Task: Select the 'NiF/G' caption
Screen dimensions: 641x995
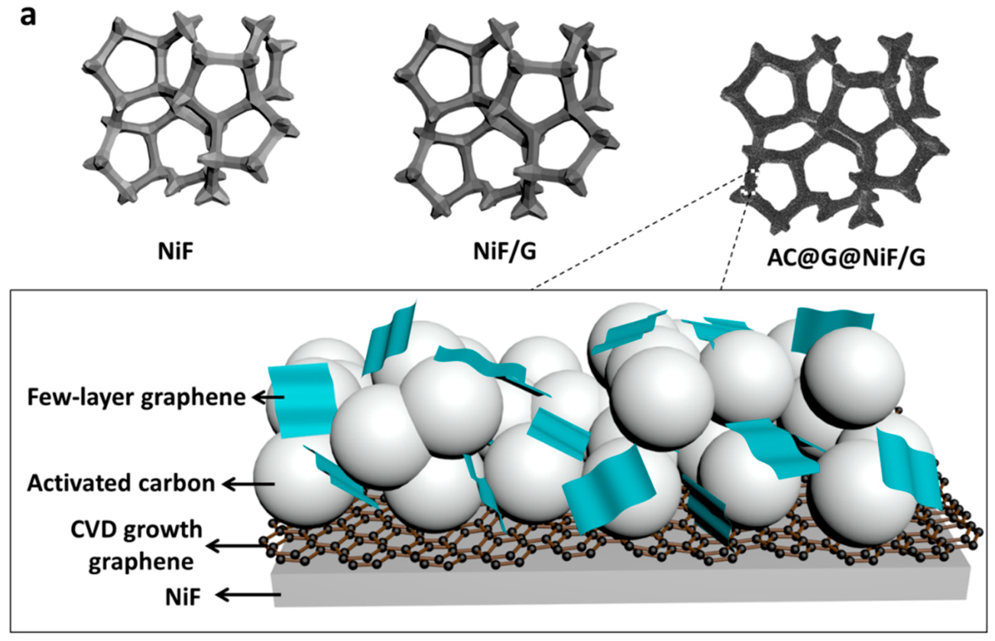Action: click(505, 251)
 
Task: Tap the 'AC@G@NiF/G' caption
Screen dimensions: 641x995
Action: click(846, 258)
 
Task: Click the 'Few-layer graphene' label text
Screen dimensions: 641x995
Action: click(137, 397)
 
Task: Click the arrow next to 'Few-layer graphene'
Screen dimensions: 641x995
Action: click(268, 398)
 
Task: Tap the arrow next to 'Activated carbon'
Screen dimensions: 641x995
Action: click(248, 484)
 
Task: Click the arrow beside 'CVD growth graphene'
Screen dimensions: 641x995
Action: click(235, 545)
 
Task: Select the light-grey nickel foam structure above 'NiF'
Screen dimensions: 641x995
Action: click(192, 113)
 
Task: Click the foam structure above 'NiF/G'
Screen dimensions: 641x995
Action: click(506, 121)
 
